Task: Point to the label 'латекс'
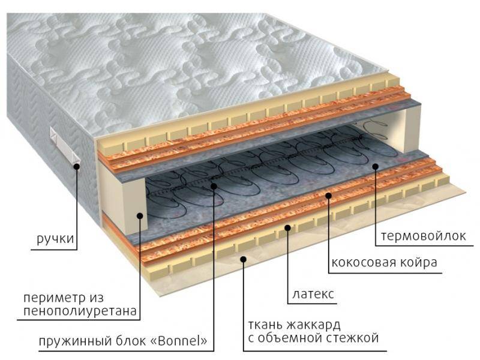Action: [x=313, y=295]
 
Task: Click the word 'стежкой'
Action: [x=353, y=338]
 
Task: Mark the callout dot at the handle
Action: [x=78, y=166]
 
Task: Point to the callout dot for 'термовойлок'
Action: [x=374, y=166]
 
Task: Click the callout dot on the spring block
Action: [x=214, y=187]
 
